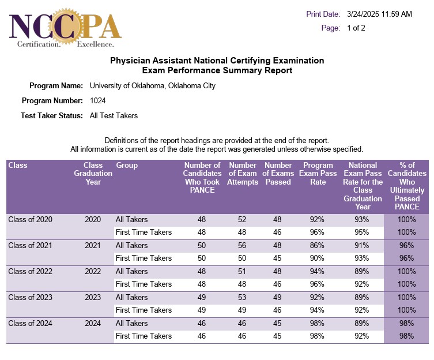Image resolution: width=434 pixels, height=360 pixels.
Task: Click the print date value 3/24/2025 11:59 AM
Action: tap(379, 14)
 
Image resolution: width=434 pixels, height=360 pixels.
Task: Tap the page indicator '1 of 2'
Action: tap(356, 28)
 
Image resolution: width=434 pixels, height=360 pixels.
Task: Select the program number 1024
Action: tap(98, 100)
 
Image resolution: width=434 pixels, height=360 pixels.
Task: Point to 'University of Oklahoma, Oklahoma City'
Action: tap(153, 86)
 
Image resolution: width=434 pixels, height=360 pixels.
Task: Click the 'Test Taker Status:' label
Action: tap(52, 115)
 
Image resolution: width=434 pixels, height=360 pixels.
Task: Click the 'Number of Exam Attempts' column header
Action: tap(243, 174)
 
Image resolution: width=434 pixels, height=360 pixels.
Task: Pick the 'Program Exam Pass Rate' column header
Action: tap(318, 174)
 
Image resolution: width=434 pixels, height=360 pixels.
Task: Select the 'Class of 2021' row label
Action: tap(31, 245)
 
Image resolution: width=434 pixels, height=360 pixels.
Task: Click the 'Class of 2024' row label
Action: tap(31, 324)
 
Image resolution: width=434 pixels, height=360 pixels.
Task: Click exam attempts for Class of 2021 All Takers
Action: tap(243, 245)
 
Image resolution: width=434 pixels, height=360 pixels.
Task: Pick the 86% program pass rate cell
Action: tap(318, 245)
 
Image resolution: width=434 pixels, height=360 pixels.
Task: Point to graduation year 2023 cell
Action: tap(93, 297)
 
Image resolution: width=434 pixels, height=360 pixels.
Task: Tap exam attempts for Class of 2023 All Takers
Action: tap(243, 297)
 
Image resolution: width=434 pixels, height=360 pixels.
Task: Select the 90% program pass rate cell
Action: tap(318, 258)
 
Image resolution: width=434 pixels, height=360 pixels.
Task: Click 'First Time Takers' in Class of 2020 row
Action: tap(144, 232)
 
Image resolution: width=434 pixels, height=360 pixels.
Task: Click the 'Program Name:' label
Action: tap(56, 86)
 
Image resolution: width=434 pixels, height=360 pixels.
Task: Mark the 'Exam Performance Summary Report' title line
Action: tap(217, 70)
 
